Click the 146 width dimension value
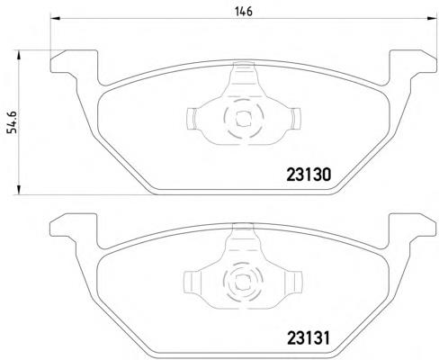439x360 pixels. tap(244, 12)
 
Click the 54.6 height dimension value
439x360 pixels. tap(13, 122)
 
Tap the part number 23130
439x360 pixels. tap(309, 175)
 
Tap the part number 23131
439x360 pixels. tap(309, 338)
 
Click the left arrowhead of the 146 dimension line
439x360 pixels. tap(56, 19)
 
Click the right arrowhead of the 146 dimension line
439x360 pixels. tap(431, 19)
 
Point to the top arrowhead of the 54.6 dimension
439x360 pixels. tap(19, 56)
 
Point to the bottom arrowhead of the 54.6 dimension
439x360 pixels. tap(19, 190)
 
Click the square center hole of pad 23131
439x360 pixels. tap(242, 283)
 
